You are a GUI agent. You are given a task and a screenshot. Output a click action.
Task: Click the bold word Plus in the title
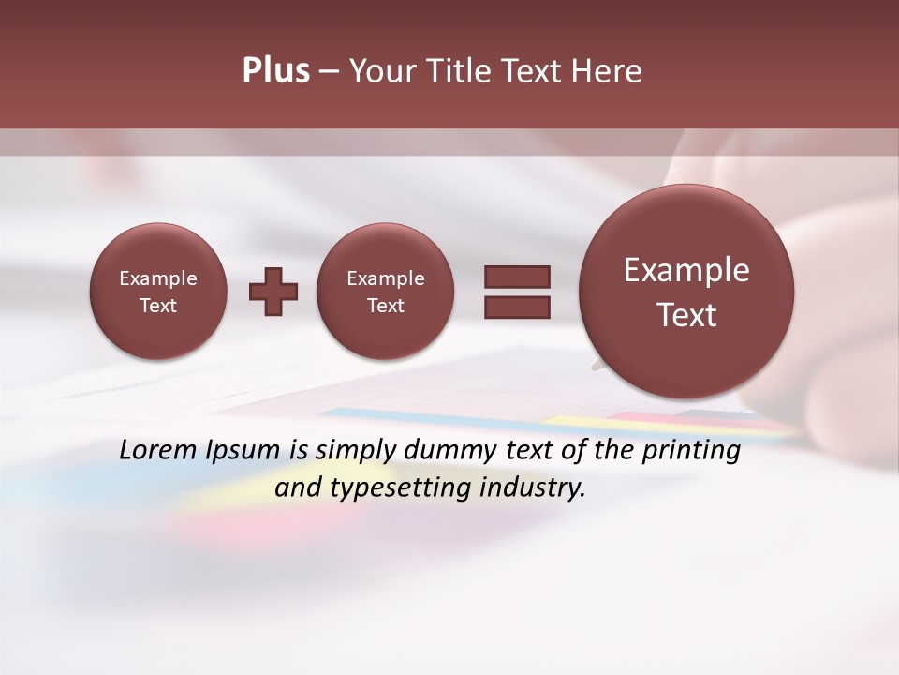(x=276, y=71)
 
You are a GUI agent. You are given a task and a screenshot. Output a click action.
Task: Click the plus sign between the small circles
(x=273, y=292)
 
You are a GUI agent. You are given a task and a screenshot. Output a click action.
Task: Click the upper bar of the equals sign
(x=517, y=277)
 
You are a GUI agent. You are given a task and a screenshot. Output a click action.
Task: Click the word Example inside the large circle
(x=686, y=270)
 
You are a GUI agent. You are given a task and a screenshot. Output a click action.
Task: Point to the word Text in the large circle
(x=686, y=315)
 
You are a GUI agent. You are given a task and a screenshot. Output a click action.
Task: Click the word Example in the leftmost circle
(x=158, y=278)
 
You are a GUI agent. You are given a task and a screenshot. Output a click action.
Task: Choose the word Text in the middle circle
(x=385, y=306)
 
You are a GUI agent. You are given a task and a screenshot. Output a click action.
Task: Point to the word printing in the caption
(x=694, y=451)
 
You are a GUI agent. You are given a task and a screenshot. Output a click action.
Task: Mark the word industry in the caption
(x=537, y=488)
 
